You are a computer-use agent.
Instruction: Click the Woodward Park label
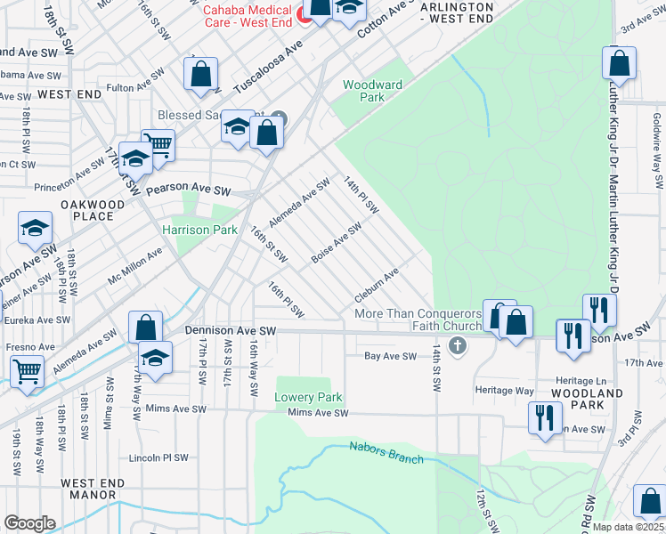pyautogui.click(x=373, y=92)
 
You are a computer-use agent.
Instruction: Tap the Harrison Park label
pyautogui.click(x=199, y=230)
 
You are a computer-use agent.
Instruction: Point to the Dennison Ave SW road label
pyautogui.click(x=231, y=330)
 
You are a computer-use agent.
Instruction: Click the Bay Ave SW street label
pyautogui.click(x=390, y=356)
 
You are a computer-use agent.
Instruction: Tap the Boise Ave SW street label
pyautogui.click(x=336, y=243)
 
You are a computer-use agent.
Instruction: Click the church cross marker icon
pyautogui.click(x=458, y=345)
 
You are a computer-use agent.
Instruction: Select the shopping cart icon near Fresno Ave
pyautogui.click(x=27, y=370)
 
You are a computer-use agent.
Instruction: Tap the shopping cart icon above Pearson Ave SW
pyautogui.click(x=158, y=143)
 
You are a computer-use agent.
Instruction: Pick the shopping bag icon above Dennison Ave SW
pyautogui.click(x=145, y=327)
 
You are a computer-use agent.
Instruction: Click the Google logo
pyautogui.click(x=29, y=522)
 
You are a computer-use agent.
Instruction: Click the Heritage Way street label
pyautogui.click(x=507, y=391)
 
